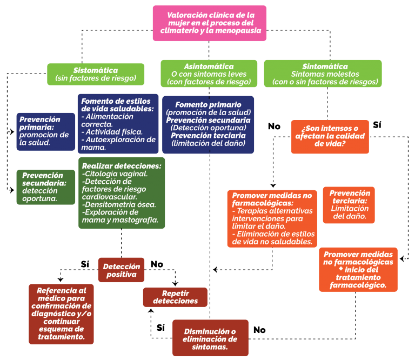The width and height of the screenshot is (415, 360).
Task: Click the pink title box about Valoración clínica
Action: point(209,23)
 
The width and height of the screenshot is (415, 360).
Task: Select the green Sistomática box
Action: point(96,74)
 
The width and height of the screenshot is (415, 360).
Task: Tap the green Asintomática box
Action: point(209,74)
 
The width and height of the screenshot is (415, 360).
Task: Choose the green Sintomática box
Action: point(323,74)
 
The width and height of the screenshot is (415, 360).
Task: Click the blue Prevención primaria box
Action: point(46,132)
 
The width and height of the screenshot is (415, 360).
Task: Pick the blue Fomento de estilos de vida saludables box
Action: point(118,124)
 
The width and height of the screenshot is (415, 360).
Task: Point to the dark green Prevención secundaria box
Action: point(46,187)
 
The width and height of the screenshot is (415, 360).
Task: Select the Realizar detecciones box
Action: point(122,193)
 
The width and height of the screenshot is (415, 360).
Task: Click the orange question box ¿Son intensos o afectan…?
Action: point(330,137)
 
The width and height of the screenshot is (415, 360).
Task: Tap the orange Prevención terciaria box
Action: point(349,205)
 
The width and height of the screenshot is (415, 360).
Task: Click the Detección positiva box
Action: point(121,270)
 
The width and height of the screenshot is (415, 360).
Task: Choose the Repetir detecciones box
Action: point(175,297)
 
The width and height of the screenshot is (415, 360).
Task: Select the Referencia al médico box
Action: point(61,314)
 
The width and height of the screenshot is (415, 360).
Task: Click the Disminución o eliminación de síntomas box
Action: point(210,338)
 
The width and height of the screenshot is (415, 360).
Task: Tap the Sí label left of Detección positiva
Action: point(85,264)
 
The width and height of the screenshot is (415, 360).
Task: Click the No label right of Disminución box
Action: point(259,330)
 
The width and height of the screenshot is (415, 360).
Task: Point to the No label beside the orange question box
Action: point(274,126)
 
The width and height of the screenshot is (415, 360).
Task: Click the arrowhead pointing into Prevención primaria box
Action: point(12,131)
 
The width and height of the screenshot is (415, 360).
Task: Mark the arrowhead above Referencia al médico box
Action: point(61,279)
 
